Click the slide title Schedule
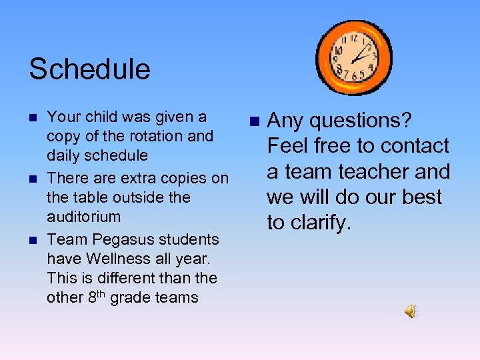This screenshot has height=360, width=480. pos(89,69)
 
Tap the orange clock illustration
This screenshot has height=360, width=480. pos(353,58)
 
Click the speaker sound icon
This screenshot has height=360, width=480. pos(411,311)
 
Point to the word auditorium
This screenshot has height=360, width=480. pos(83,217)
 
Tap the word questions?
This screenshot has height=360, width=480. pos(363,121)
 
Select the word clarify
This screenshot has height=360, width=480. pos(317,223)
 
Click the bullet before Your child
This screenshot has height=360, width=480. pos(33,117)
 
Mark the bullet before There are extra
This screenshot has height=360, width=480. pos(33,179)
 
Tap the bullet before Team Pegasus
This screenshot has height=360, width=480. pos(33,239)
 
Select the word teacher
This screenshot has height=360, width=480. pos(369,171)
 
